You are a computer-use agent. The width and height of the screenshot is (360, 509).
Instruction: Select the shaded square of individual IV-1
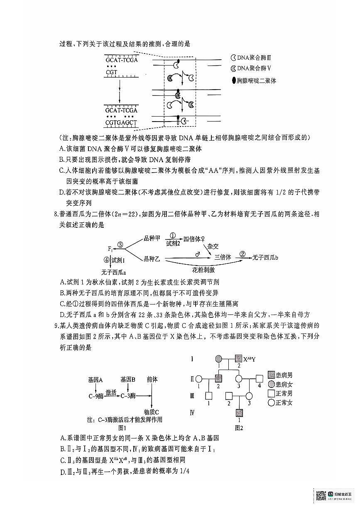[x=239, y=413]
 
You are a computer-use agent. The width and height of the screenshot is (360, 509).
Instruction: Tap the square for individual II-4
[x=260, y=378]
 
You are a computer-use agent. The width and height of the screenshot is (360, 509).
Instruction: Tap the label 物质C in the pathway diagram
[x=152, y=412]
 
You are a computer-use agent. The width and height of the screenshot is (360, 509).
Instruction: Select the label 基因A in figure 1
[x=96, y=380]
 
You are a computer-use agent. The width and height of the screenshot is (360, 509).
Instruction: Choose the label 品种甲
[x=152, y=238]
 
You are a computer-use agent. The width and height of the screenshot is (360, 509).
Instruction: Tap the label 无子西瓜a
[x=113, y=272]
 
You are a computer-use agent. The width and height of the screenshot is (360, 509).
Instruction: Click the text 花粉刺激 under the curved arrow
[x=203, y=270]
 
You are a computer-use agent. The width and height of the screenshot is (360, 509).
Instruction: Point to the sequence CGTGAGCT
[x=122, y=123]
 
